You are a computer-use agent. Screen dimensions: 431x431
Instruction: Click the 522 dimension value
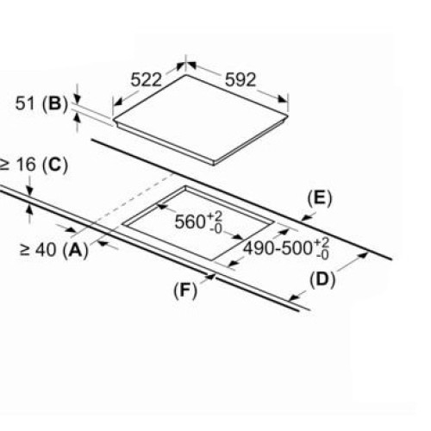click(x=147, y=79)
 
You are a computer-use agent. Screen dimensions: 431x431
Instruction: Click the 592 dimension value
click(x=240, y=79)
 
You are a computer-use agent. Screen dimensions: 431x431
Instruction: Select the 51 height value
click(x=24, y=103)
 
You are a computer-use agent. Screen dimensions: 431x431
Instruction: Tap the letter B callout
click(x=55, y=103)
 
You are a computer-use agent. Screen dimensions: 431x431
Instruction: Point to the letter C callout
click(x=55, y=166)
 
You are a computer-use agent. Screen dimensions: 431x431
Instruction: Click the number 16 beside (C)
click(x=27, y=165)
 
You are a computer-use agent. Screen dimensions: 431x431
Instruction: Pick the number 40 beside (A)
click(x=46, y=250)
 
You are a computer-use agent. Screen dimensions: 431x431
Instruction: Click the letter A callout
click(x=76, y=250)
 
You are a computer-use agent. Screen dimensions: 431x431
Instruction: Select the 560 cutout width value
click(x=190, y=222)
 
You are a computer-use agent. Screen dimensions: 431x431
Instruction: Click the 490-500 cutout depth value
click(x=278, y=247)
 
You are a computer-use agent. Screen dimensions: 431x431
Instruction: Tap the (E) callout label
click(x=320, y=198)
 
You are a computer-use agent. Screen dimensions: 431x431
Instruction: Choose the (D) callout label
click(x=322, y=280)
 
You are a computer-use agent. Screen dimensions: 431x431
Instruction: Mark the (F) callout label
click(x=185, y=290)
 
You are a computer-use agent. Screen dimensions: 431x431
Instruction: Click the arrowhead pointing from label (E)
click(x=306, y=219)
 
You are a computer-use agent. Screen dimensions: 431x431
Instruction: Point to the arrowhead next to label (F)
click(x=210, y=277)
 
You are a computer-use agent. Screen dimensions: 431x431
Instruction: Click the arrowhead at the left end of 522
click(x=118, y=102)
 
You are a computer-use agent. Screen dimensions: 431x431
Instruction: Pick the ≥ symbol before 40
click(x=25, y=250)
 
